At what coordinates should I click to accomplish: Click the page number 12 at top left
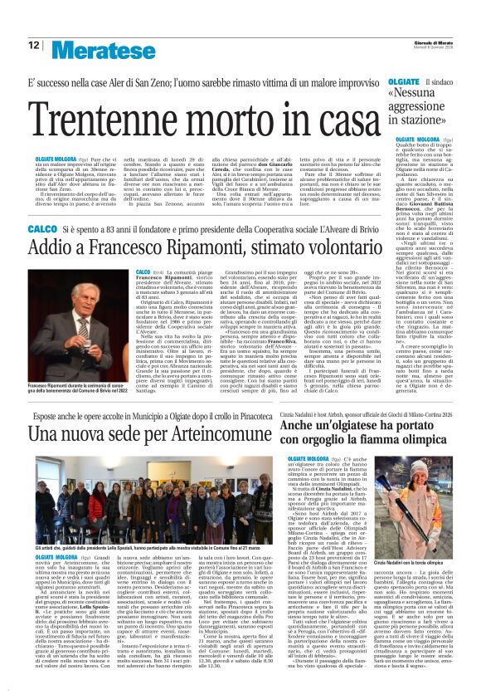pos(33,46)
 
